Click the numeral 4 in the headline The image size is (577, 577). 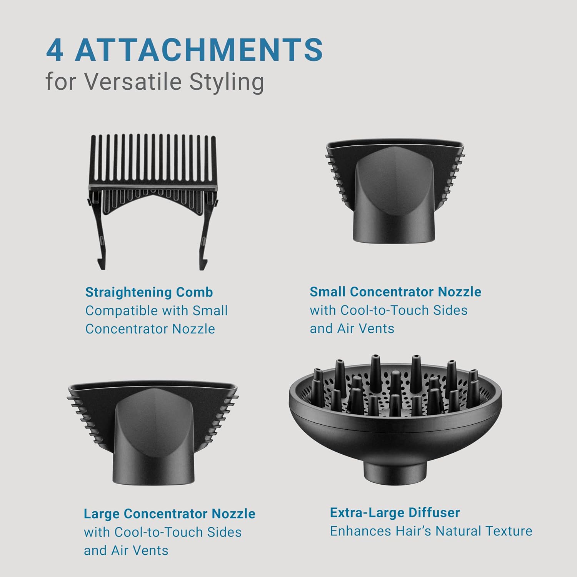point(55,50)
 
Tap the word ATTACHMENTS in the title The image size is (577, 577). point(199,50)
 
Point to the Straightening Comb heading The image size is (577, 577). point(149,292)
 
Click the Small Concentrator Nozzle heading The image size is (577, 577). point(395,292)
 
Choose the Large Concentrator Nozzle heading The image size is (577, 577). point(170,514)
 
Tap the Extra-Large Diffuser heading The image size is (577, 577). point(395,513)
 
